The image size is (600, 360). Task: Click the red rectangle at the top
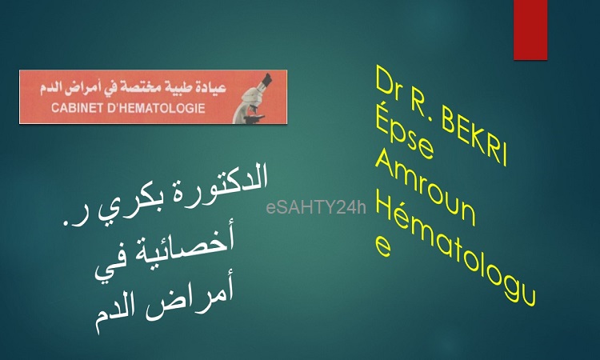[530, 30]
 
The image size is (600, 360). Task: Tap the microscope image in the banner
[254, 98]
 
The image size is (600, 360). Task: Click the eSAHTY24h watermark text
[316, 208]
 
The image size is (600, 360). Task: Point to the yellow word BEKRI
[475, 137]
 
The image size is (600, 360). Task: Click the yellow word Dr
[389, 83]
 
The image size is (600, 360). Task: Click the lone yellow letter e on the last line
[383, 246]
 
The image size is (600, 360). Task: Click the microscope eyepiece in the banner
[265, 81]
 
